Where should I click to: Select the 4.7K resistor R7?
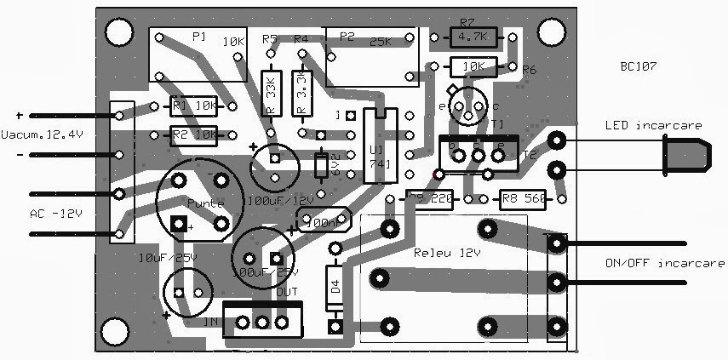pyautogui.click(x=471, y=37)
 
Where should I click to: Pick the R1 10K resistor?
pyautogui.click(x=192, y=106)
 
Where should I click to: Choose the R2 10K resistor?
pyautogui.click(x=192, y=134)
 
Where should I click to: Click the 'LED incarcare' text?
pyautogui.click(x=654, y=126)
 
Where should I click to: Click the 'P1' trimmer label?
pyautogui.click(x=198, y=36)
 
